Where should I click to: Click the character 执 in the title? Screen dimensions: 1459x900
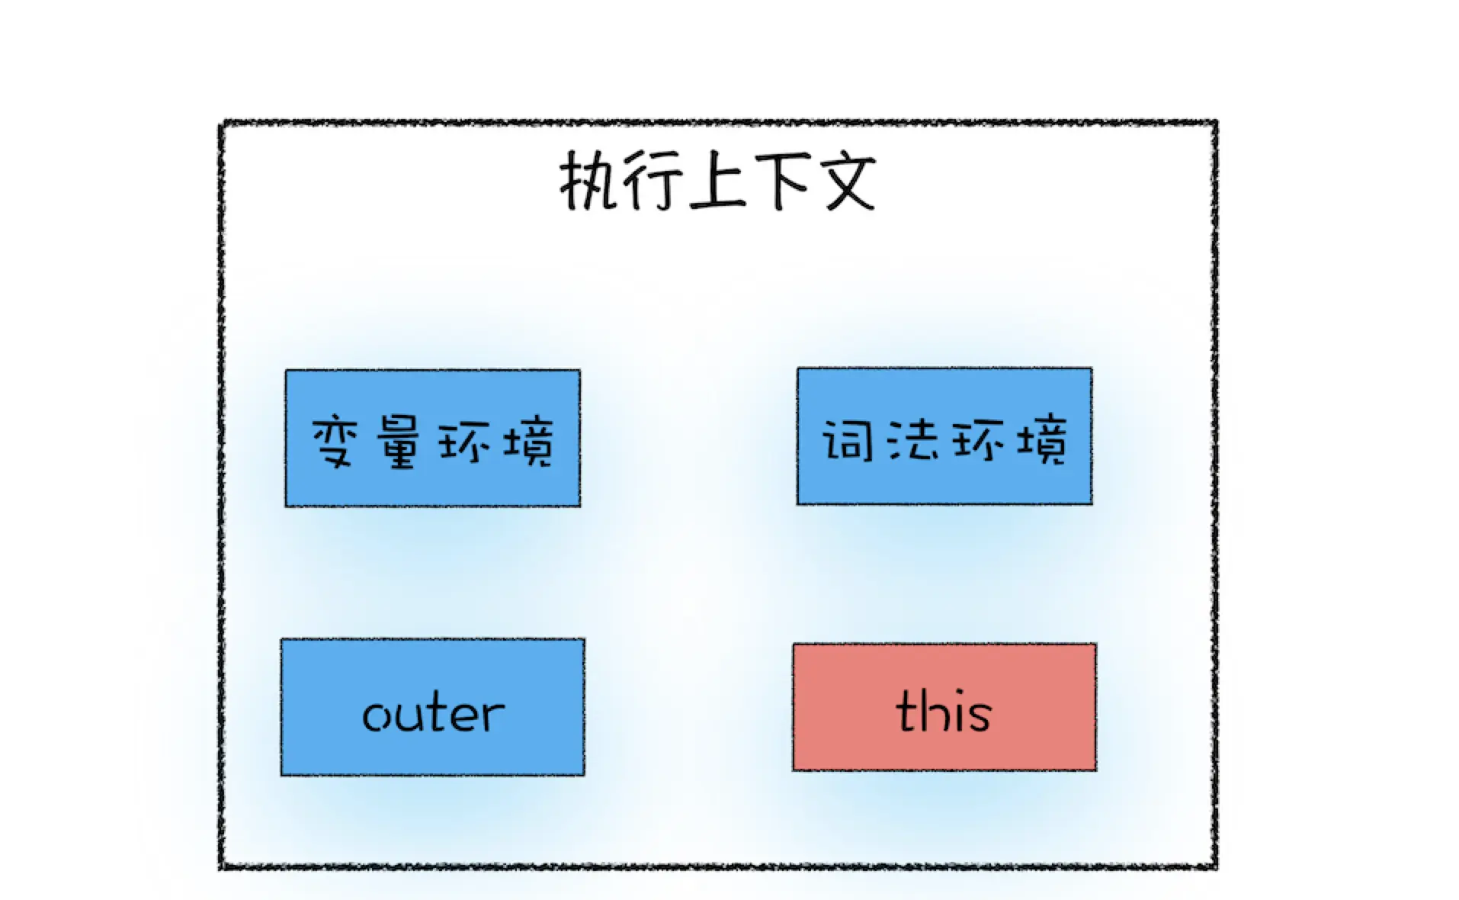click(589, 182)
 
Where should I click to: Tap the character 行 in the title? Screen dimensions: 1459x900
click(653, 182)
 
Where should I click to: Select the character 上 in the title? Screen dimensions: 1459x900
click(717, 182)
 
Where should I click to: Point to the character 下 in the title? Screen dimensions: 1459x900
click(781, 182)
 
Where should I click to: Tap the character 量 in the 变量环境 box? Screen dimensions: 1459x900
click(398, 441)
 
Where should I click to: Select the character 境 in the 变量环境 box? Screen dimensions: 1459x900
click(527, 441)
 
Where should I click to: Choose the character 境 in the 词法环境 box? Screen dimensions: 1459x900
click(1041, 439)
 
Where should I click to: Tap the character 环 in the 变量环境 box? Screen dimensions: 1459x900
click(463, 441)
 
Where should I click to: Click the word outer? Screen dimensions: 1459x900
click(433, 714)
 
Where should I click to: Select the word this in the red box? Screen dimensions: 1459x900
click(944, 711)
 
